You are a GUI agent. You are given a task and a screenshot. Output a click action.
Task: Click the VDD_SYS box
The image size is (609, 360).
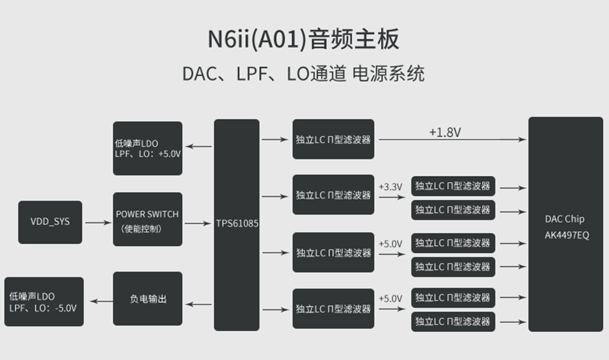click(x=50, y=222)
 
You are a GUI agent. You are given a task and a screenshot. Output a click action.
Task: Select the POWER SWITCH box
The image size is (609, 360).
click(x=147, y=220)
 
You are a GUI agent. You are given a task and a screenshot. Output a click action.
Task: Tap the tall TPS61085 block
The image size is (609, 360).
click(x=237, y=224)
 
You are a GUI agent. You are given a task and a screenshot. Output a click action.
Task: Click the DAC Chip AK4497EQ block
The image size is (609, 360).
click(x=565, y=224)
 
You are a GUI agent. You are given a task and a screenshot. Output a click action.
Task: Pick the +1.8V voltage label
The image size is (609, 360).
click(x=445, y=133)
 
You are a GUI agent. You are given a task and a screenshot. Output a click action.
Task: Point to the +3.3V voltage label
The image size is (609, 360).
click(x=390, y=187)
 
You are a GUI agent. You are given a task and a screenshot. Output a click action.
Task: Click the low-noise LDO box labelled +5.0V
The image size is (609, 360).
click(x=147, y=149)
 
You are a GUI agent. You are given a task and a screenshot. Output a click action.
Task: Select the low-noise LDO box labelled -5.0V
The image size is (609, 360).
click(x=44, y=302)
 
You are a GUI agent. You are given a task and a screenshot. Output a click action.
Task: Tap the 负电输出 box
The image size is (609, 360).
click(x=147, y=299)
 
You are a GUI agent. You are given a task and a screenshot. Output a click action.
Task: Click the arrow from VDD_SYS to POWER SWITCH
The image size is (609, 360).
click(x=97, y=223)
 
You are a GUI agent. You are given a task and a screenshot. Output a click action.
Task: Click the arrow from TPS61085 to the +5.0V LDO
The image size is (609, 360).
click(x=198, y=147)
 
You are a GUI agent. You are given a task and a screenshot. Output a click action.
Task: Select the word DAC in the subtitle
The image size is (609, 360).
click(x=196, y=74)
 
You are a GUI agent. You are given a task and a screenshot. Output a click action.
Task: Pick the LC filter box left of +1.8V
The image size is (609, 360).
click(x=333, y=139)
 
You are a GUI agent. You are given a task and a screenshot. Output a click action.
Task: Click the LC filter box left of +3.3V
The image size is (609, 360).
click(x=333, y=195)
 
